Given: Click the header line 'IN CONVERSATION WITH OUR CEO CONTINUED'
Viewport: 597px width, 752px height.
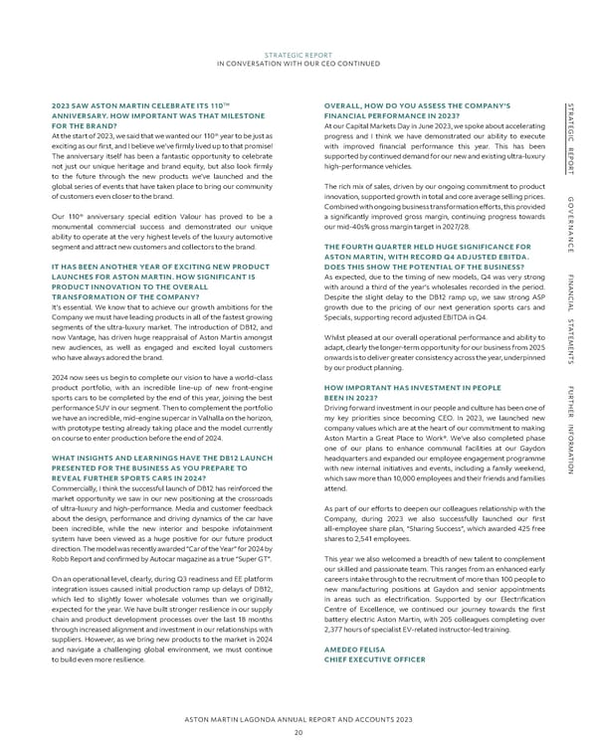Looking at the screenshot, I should (298, 63).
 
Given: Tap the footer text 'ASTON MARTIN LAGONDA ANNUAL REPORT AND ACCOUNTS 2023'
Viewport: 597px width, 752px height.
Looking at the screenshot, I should (298, 718).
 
